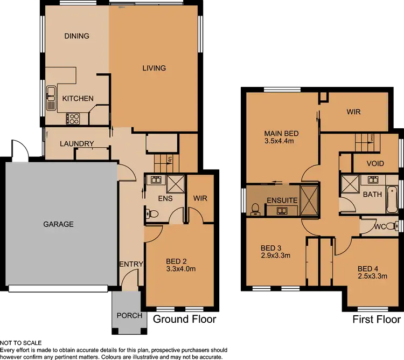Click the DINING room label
point(76,36)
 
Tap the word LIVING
point(154,68)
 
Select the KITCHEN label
point(78,99)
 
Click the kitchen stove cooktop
point(73,118)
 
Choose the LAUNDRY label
point(77,144)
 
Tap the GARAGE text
point(58,224)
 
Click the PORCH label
point(129,315)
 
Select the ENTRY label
point(131,264)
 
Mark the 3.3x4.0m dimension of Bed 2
point(180,271)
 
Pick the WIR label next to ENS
point(200,198)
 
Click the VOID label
point(375,163)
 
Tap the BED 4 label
point(368,269)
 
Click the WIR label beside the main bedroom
point(353,112)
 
